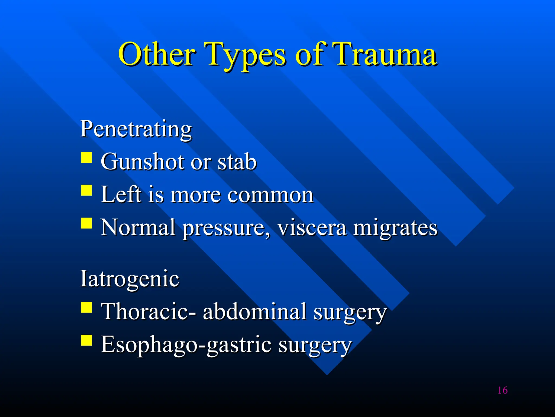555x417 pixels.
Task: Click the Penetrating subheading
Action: (x=136, y=129)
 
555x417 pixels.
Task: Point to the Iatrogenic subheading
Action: (x=130, y=279)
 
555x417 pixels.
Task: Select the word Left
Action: (x=121, y=194)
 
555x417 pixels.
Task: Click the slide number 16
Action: (x=502, y=390)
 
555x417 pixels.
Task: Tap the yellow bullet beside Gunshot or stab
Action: (x=86, y=157)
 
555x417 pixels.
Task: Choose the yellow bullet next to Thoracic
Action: (x=86, y=308)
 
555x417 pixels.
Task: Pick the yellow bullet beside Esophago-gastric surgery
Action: (x=86, y=340)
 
